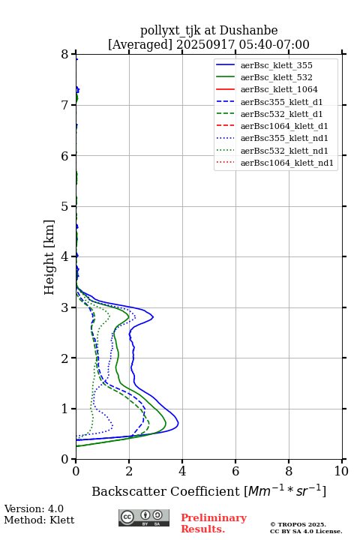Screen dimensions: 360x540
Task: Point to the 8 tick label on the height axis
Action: click(65, 55)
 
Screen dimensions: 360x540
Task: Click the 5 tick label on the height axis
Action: click(65, 206)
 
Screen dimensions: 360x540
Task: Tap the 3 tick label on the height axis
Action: click(65, 307)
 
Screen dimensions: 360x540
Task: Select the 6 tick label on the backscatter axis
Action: click(235, 471)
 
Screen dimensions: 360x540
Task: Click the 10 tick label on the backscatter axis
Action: click(341, 471)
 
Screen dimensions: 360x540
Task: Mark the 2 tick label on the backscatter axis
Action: click(129, 471)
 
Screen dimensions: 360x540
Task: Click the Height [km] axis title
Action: click(49, 257)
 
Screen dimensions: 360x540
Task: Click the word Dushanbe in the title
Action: click(248, 31)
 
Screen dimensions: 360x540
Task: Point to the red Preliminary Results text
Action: click(214, 523)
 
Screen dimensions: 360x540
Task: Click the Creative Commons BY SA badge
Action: click(144, 517)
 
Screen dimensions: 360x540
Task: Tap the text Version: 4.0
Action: click(34, 508)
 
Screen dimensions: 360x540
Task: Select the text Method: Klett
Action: click(39, 520)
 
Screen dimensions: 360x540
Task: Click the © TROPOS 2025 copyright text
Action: click(298, 524)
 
